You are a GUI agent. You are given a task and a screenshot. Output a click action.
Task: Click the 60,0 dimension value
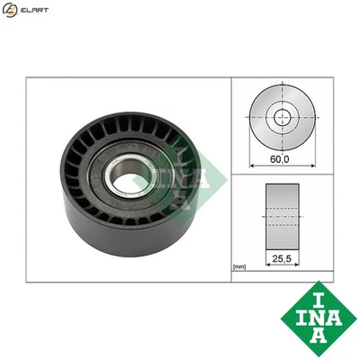point(282,158)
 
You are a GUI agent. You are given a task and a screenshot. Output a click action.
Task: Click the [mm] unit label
point(239,266)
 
